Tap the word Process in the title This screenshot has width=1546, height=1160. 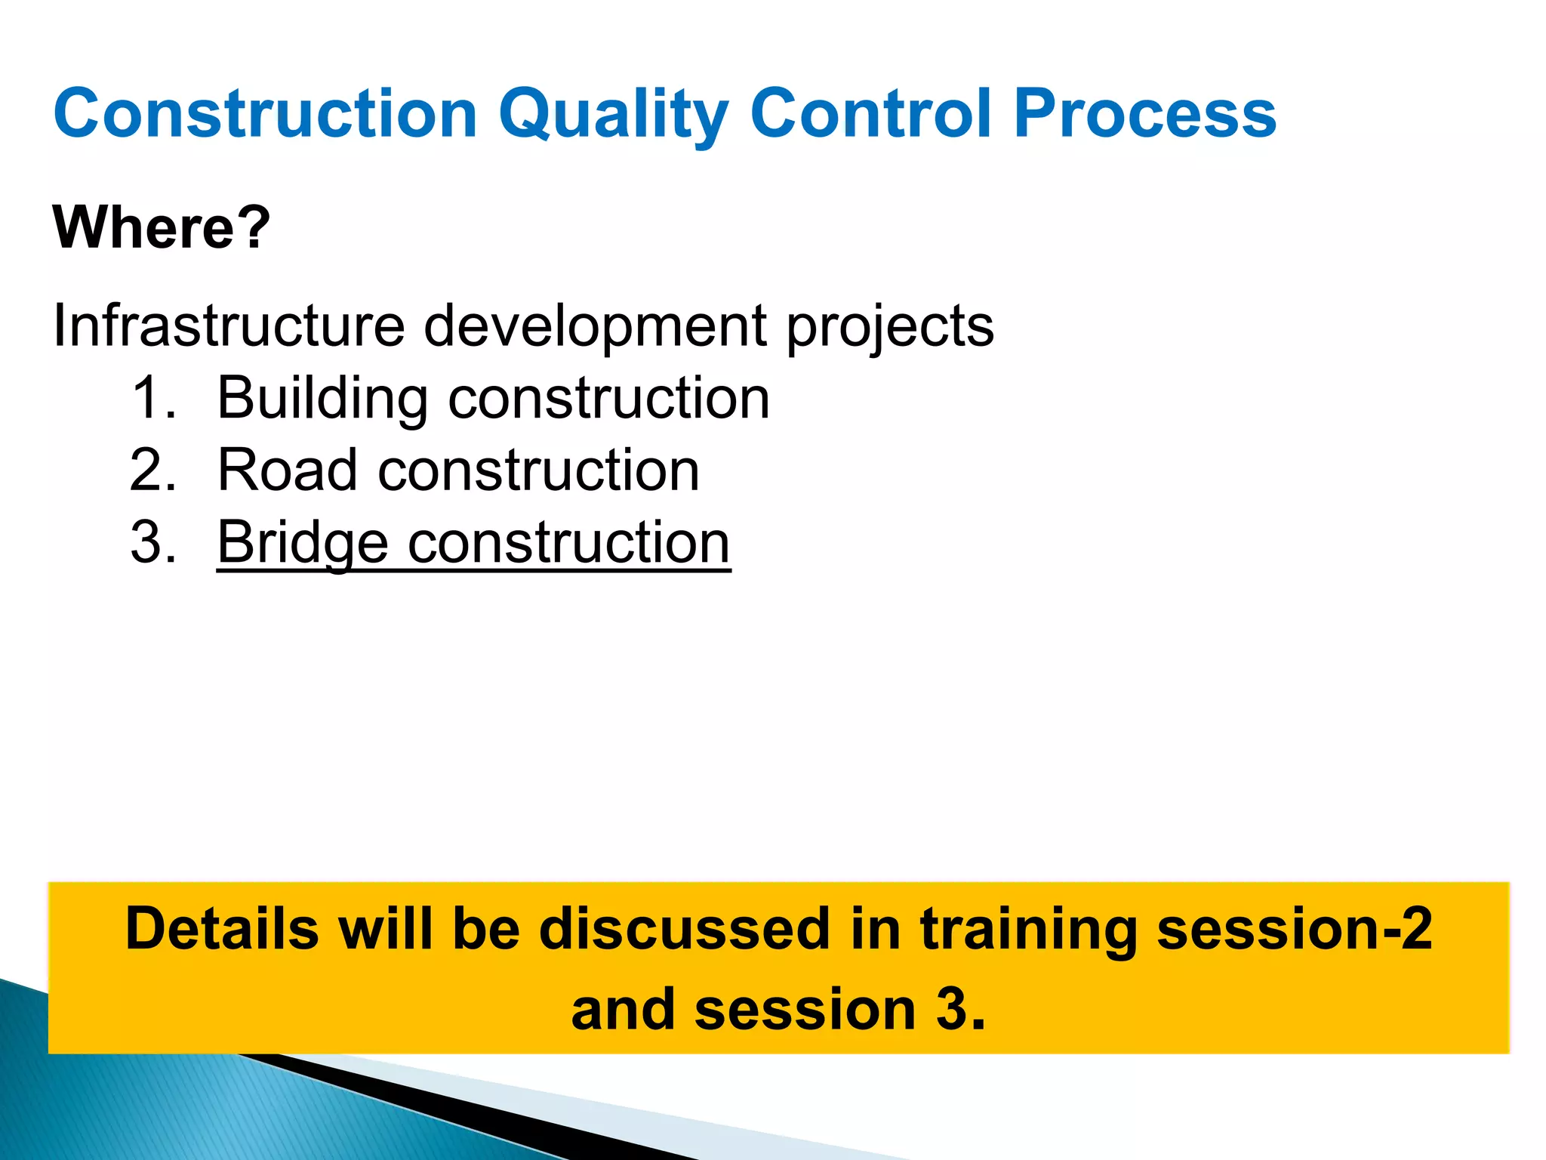pyautogui.click(x=1144, y=114)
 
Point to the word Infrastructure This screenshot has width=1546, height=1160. pyautogui.click(x=229, y=326)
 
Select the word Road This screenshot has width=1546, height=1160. pyautogui.click(x=287, y=470)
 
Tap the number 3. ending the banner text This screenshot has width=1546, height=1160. pyautogui.click(x=960, y=1010)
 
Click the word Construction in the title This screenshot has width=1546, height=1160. pyautogui.click(x=266, y=114)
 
